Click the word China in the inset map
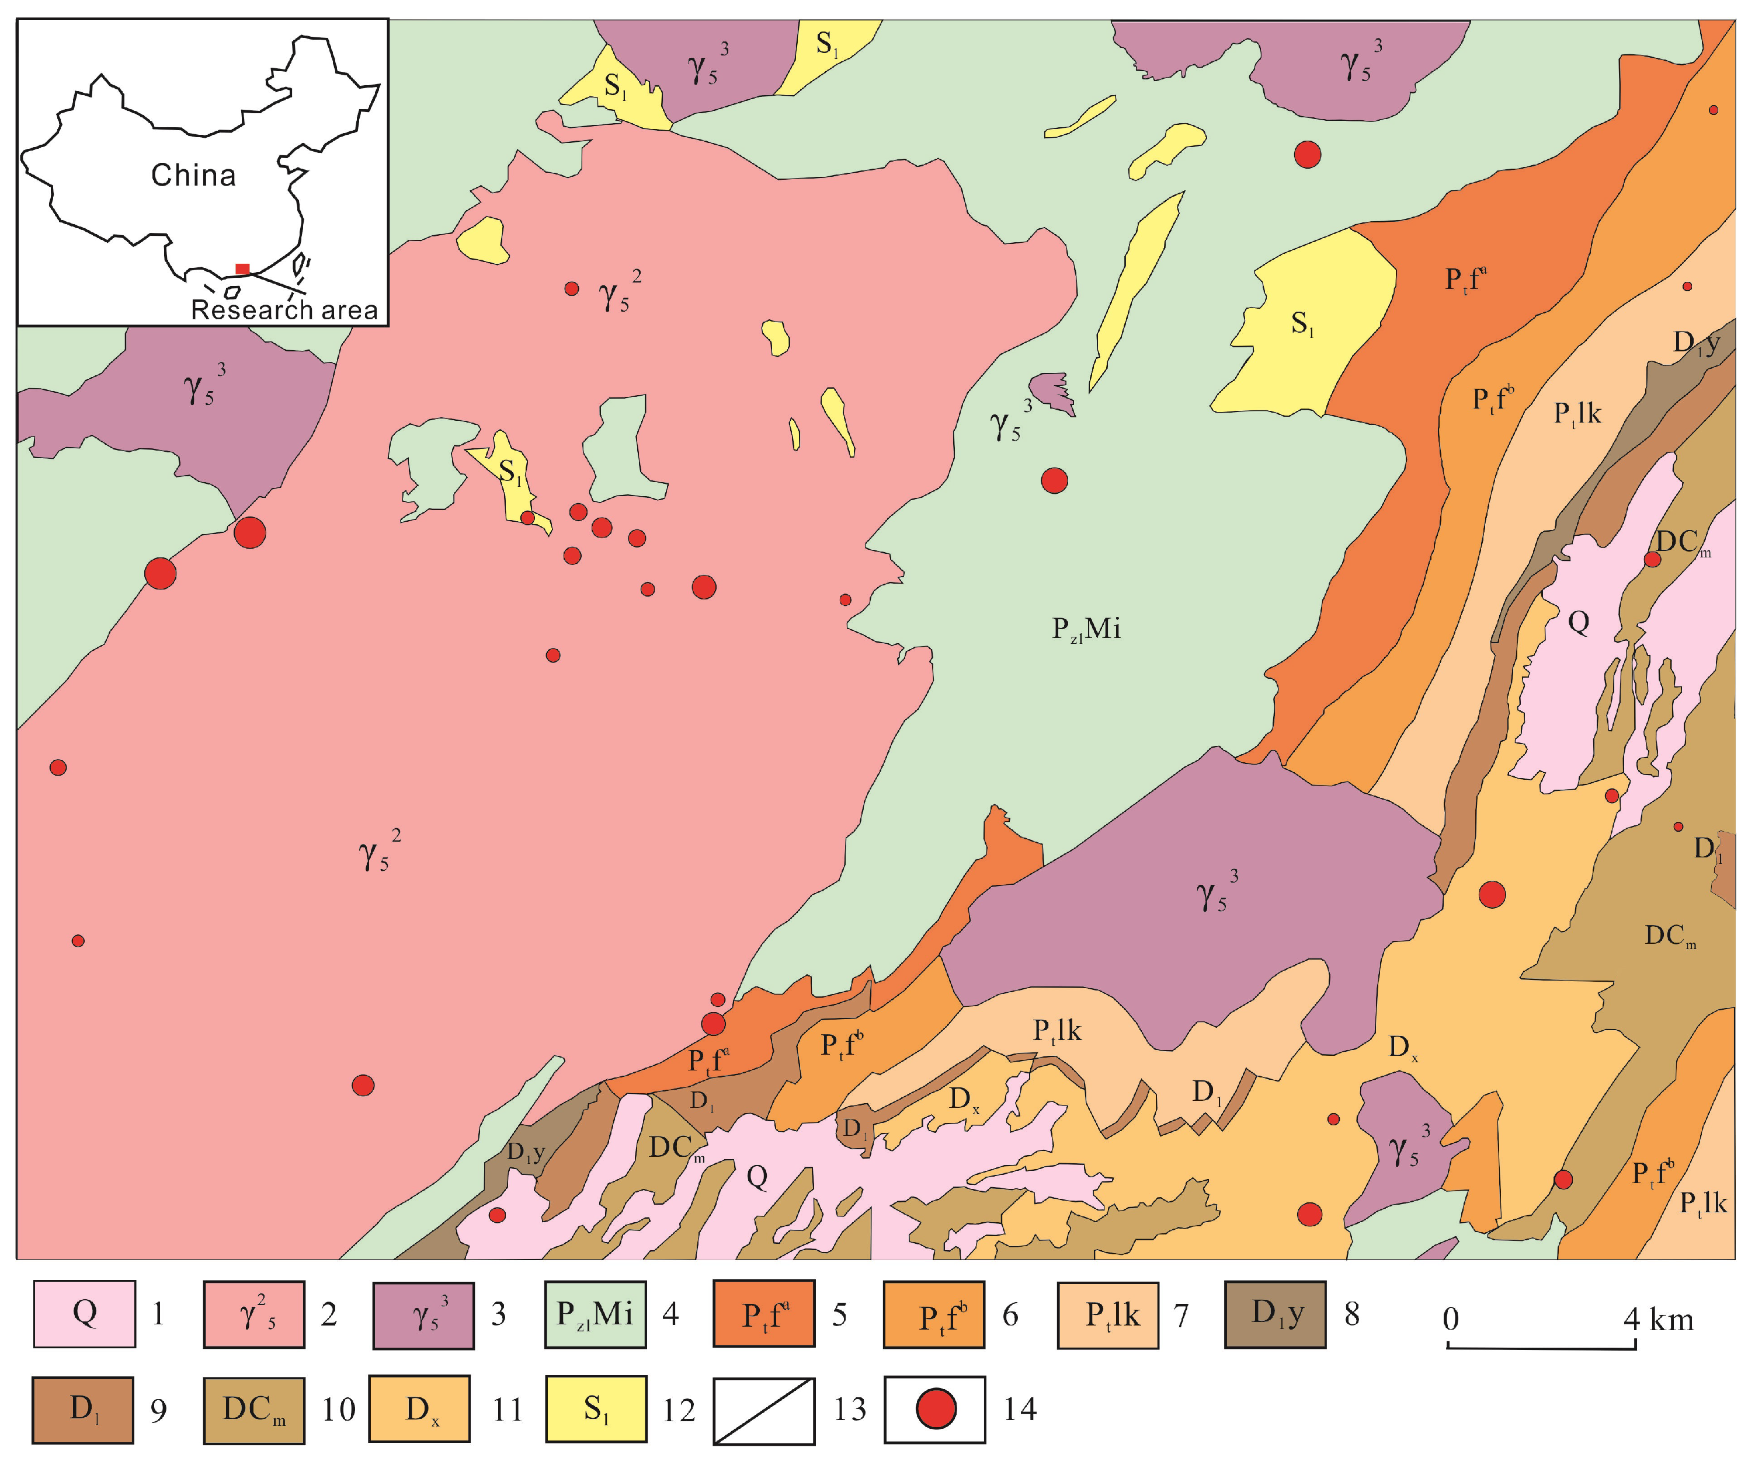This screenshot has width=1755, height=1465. [193, 176]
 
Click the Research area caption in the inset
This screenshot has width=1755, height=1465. [284, 310]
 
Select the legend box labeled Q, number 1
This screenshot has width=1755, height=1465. [85, 1314]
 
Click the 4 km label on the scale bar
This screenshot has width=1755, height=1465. [1659, 1320]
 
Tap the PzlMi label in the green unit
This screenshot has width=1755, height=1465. [1086, 628]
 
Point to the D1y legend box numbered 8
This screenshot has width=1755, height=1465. [1276, 1314]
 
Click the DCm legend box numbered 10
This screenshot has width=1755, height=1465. [253, 1410]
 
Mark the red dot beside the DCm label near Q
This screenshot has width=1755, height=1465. [1652, 559]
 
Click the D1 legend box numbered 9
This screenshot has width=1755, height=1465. [83, 1410]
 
